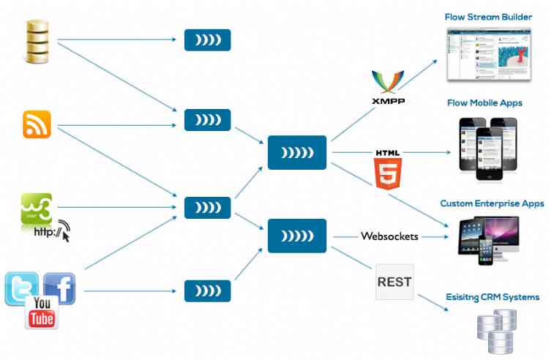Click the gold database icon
pos(37,42)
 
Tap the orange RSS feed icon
pos(37,124)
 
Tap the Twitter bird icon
pos(22,288)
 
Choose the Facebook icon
pos(60,288)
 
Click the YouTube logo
pos(42,312)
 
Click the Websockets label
pos(389,237)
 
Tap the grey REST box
pos(395,282)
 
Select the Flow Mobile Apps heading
pos(485,102)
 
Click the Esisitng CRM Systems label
pos(493,297)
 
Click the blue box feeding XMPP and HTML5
pos(296,152)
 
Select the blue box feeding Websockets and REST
pos(296,236)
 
